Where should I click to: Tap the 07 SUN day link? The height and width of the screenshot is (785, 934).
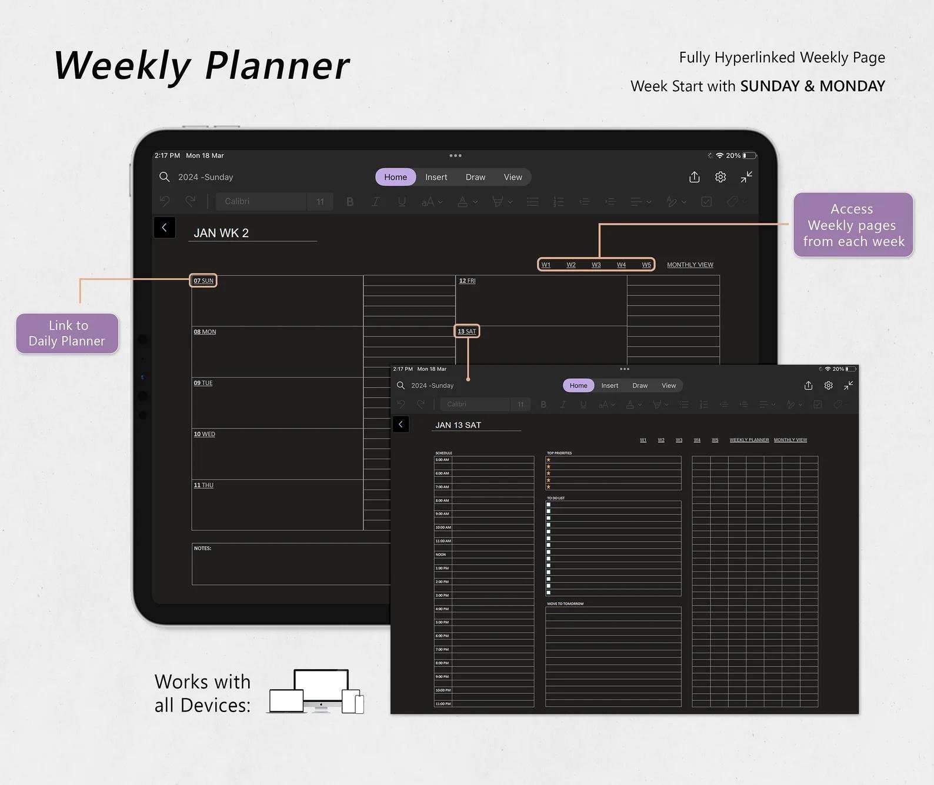pyautogui.click(x=204, y=281)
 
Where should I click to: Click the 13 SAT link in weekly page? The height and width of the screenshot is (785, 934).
pyautogui.click(x=467, y=331)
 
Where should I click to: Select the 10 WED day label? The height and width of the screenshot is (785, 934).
pyautogui.click(x=204, y=434)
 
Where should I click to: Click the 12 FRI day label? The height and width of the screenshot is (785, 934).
pyautogui.click(x=467, y=281)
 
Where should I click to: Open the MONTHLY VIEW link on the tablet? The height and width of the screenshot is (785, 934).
pyautogui.click(x=690, y=265)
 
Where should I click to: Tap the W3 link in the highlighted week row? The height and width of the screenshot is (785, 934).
pyautogui.click(x=596, y=265)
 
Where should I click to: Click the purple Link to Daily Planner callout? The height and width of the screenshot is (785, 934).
pyautogui.click(x=67, y=333)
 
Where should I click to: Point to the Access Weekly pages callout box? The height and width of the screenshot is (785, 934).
pyautogui.click(x=853, y=225)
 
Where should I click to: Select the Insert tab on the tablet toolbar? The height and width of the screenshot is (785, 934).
pyautogui.click(x=436, y=177)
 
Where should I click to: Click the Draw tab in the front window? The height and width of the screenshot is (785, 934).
pyautogui.click(x=639, y=385)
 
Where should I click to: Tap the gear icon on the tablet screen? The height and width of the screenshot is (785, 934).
pyautogui.click(x=720, y=177)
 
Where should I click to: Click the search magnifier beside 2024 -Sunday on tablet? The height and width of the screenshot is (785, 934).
pyautogui.click(x=165, y=177)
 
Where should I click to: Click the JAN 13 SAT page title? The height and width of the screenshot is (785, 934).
pyautogui.click(x=458, y=425)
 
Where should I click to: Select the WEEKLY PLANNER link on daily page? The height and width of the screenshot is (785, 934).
pyautogui.click(x=749, y=440)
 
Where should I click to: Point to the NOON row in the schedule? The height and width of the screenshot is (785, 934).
pyautogui.click(x=441, y=554)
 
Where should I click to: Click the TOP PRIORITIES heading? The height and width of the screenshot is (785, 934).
pyautogui.click(x=559, y=453)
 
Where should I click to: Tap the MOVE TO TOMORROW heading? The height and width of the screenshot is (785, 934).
pyautogui.click(x=565, y=604)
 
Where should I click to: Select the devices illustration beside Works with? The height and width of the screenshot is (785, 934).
pyautogui.click(x=317, y=691)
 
